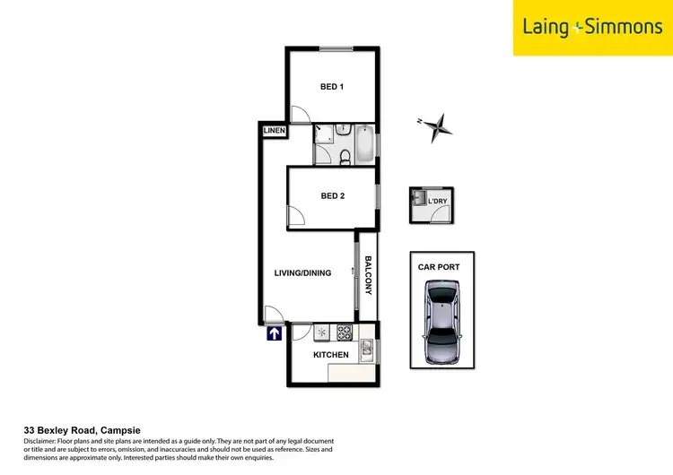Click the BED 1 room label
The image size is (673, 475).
(x=333, y=87)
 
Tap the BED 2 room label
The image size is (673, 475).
(x=333, y=196)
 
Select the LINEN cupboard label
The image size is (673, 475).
(x=274, y=132)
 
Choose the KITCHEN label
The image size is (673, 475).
(x=330, y=355)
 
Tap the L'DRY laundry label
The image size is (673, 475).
(x=436, y=201)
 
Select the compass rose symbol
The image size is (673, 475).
(x=438, y=127)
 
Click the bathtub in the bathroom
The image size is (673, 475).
(x=364, y=145)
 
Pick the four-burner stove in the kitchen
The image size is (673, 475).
(x=345, y=332)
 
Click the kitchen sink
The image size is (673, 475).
(x=366, y=349)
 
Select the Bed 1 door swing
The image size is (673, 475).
(x=301, y=115)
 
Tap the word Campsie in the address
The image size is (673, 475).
(x=120, y=429)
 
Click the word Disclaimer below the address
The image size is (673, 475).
(x=42, y=443)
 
